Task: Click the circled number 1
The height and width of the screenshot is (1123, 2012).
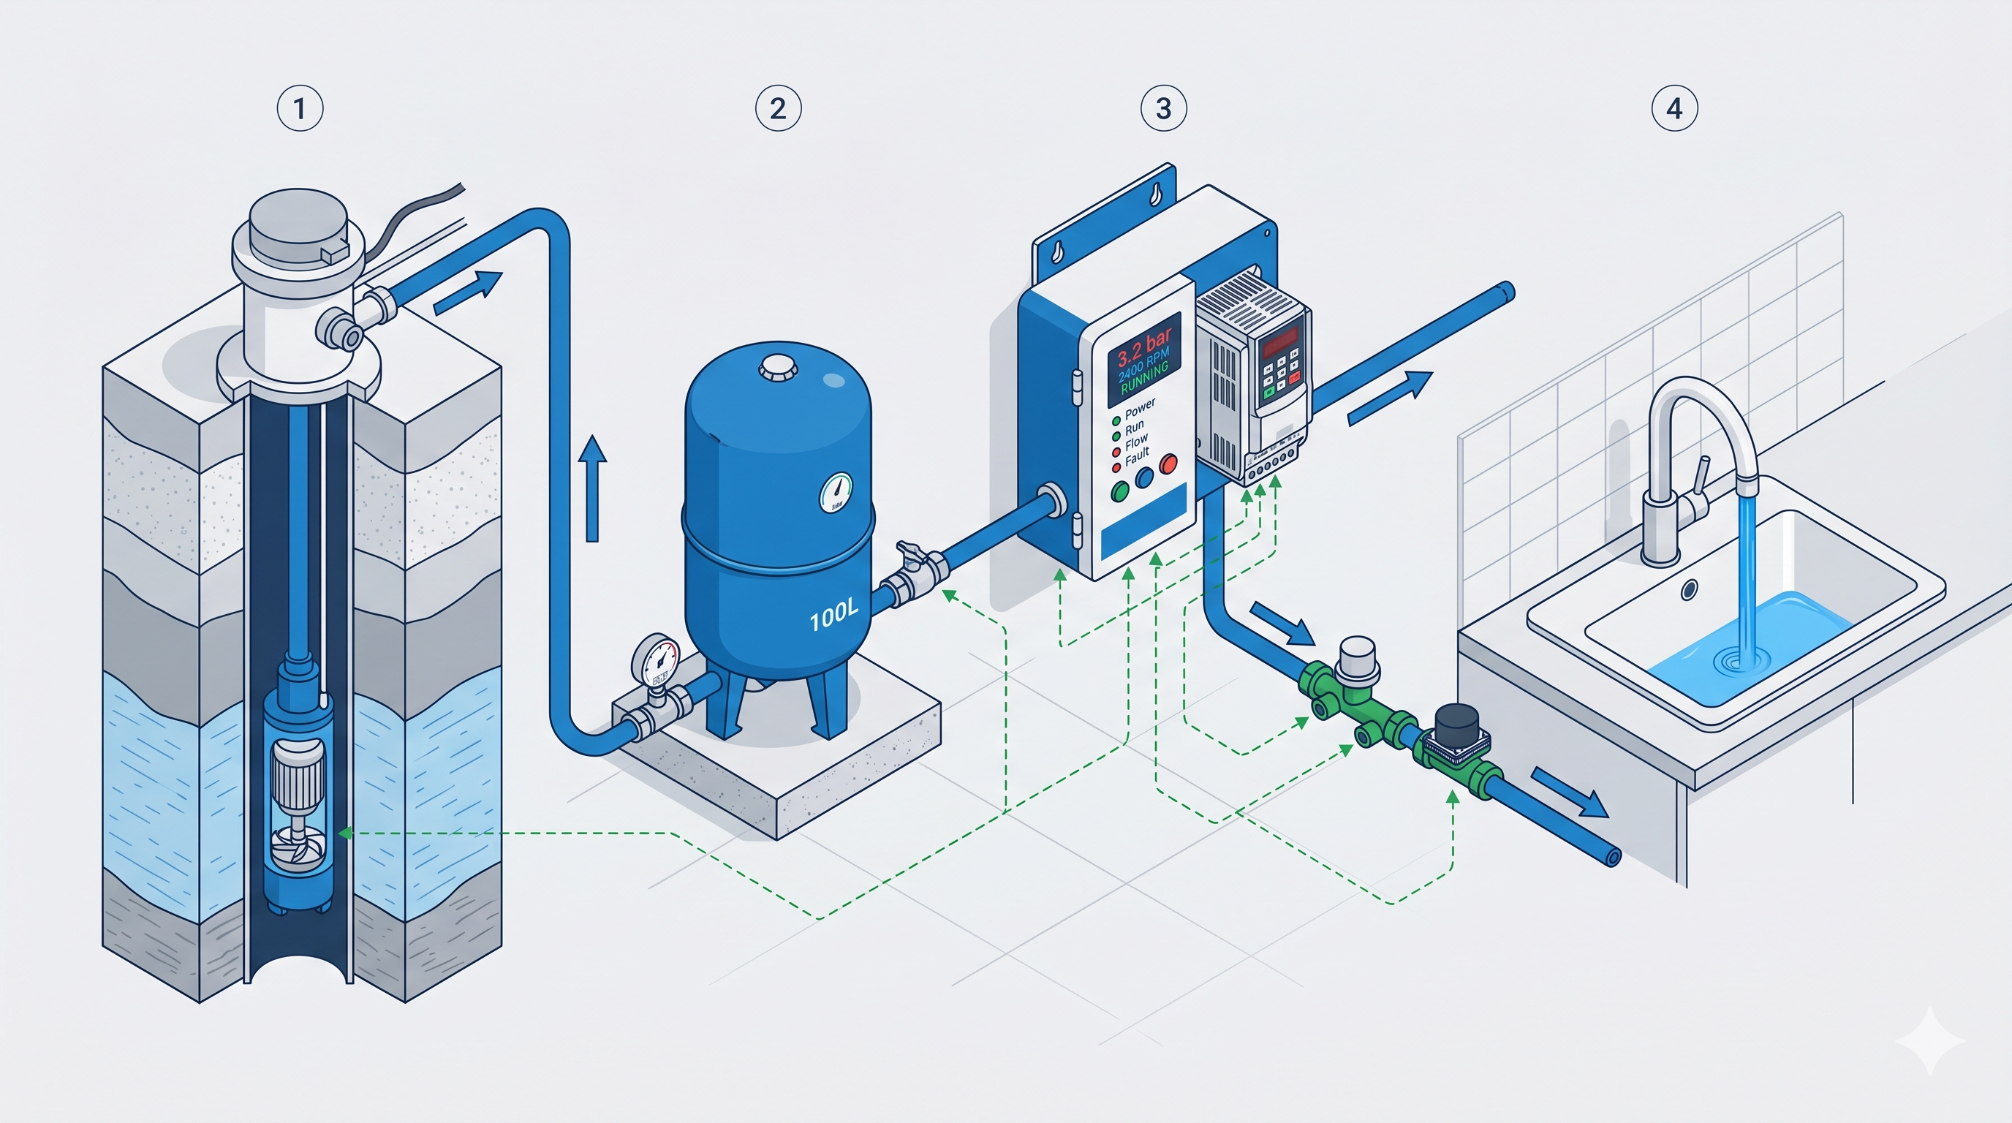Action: pyautogui.click(x=300, y=108)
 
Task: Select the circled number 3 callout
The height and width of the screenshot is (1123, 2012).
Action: pyautogui.click(x=1163, y=108)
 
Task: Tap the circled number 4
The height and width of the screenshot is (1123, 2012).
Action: pyautogui.click(x=1673, y=108)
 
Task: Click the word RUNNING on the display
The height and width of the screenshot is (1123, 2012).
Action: pyautogui.click(x=1145, y=378)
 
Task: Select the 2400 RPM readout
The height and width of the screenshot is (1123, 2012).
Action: pyautogui.click(x=1143, y=364)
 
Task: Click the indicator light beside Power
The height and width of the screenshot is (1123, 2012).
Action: pyautogui.click(x=1116, y=421)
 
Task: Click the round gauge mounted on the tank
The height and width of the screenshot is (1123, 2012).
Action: pyautogui.click(x=836, y=492)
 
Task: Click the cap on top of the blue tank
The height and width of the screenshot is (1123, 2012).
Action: pyautogui.click(x=777, y=367)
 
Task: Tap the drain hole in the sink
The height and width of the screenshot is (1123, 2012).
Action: pyautogui.click(x=1689, y=589)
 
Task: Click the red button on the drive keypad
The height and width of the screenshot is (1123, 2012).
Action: pyautogui.click(x=1294, y=379)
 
